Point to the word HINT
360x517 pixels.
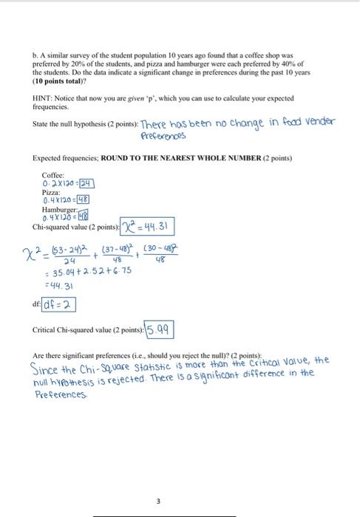(x=43, y=97)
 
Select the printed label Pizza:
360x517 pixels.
(x=50, y=193)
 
